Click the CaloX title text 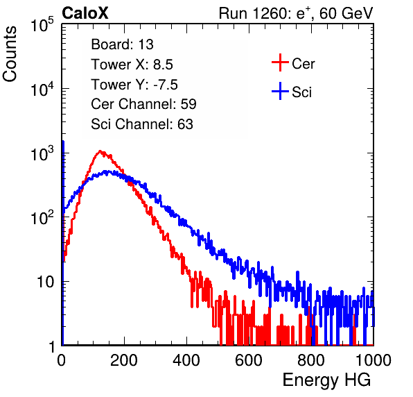tap(85, 13)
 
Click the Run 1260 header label tap(296, 13)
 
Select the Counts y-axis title tap(10, 54)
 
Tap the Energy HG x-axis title tap(326, 380)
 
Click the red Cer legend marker tap(280, 62)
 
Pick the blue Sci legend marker tap(280, 91)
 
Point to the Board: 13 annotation tap(122, 44)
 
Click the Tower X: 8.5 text tap(132, 65)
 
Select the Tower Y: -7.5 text tap(134, 85)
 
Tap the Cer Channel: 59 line tap(143, 104)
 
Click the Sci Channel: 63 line tap(142, 124)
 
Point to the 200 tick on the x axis tap(124, 360)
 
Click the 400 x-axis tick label tap(186, 360)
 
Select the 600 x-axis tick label tap(249, 360)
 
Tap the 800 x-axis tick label tap(311, 360)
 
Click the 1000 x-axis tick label tap(374, 360)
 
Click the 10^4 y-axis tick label tap(42, 89)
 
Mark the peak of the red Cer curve tap(100, 151)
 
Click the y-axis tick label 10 tap(45, 282)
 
